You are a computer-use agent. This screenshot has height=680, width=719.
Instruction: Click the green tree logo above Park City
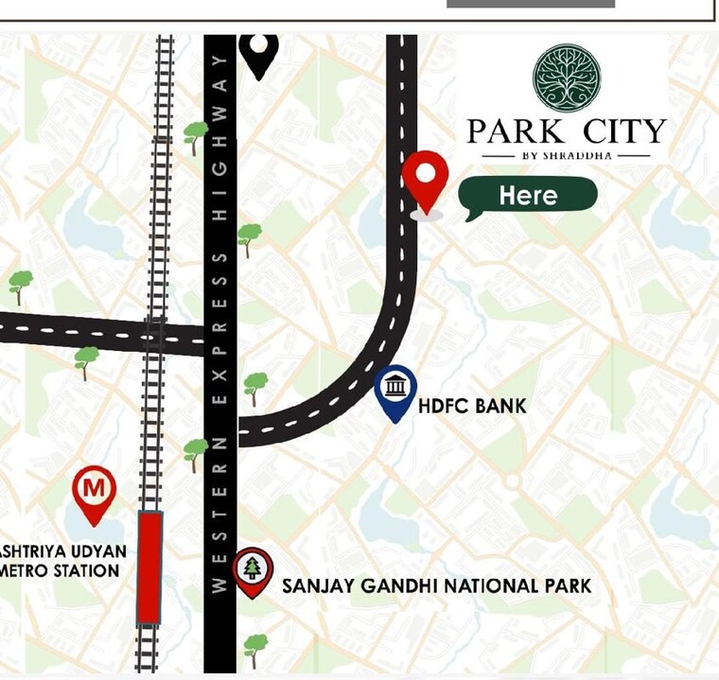tap(567, 78)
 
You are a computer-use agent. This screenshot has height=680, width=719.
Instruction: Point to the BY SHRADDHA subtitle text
tap(567, 156)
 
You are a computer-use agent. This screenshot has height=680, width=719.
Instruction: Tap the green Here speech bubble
tap(528, 196)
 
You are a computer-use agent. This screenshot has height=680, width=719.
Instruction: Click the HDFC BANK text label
tap(472, 407)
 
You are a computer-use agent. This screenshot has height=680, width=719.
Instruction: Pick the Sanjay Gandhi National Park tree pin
tap(253, 571)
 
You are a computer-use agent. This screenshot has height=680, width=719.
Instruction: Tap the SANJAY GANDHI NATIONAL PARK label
tap(436, 585)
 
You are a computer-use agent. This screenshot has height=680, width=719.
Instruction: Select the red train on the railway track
tap(149, 567)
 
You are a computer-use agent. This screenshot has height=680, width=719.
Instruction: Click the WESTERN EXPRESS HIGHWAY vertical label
tap(219, 322)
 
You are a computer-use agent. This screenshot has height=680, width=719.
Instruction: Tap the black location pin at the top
tap(258, 53)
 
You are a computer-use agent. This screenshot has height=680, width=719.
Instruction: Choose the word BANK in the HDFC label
tap(500, 407)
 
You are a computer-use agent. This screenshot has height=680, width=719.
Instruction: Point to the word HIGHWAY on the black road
tap(219, 137)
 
